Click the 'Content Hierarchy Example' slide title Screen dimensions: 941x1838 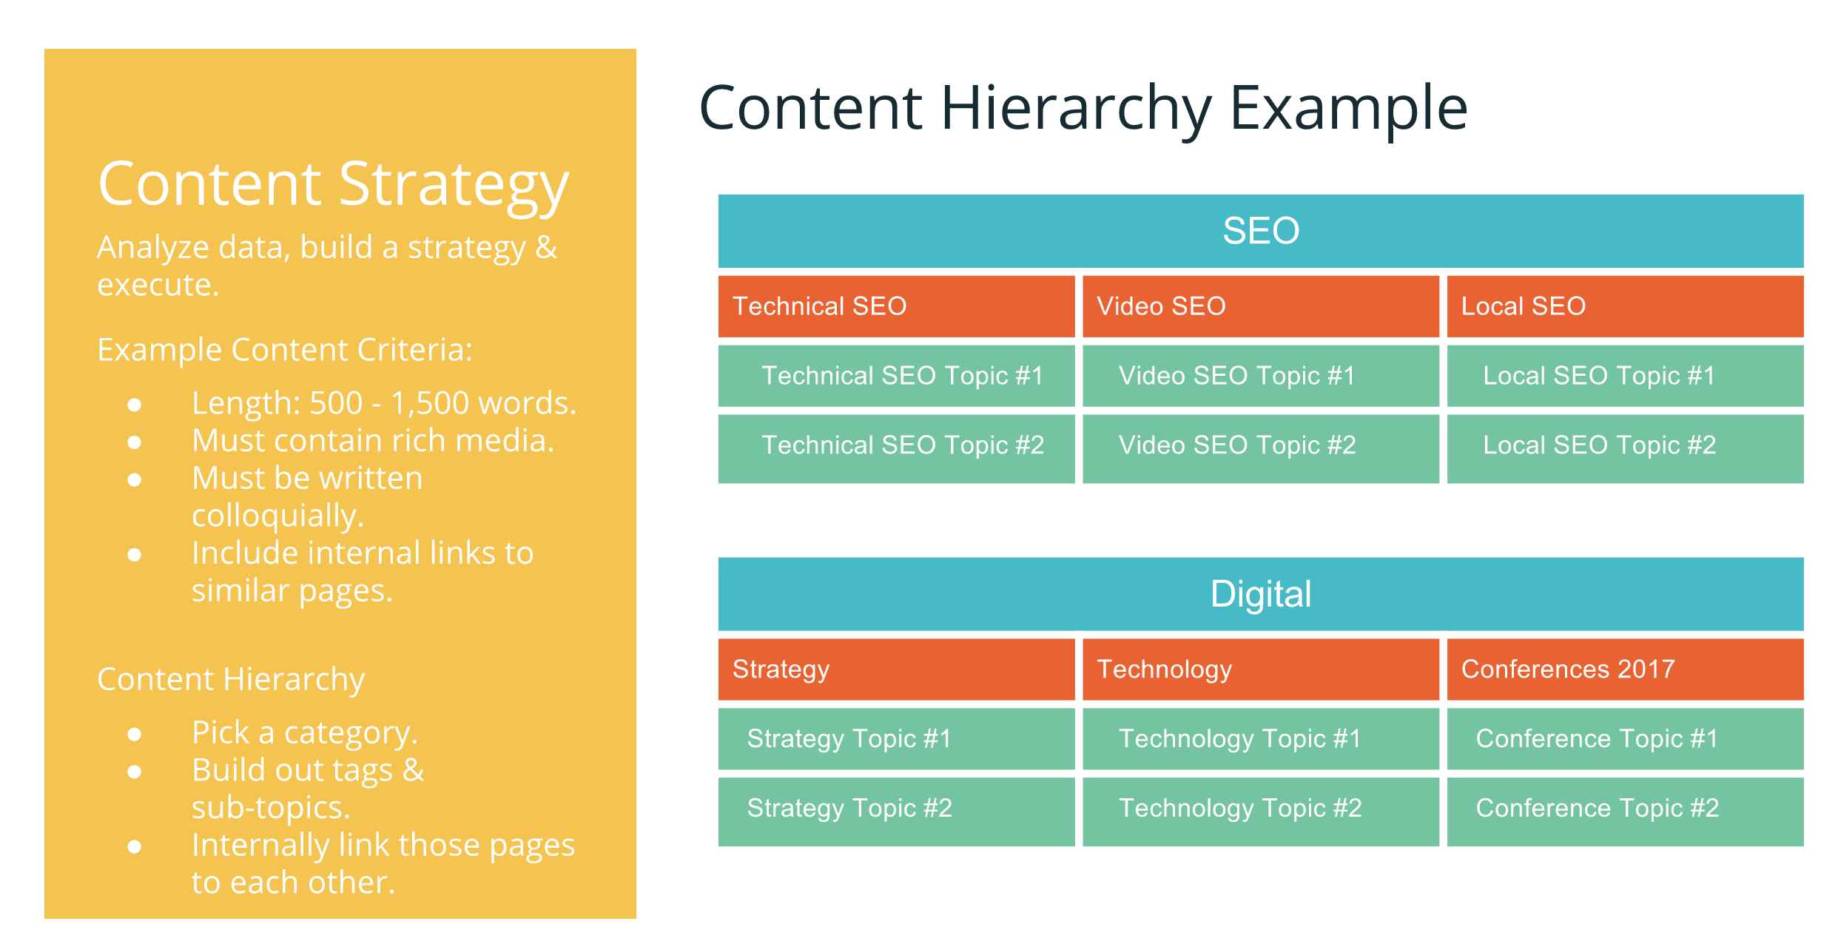click(x=1083, y=108)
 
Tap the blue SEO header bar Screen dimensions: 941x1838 click(x=1260, y=231)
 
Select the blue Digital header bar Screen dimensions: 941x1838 click(x=1260, y=594)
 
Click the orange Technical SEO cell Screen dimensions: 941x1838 click(x=896, y=306)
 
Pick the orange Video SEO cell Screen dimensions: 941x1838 click(x=1260, y=306)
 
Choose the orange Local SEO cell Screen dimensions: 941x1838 click(x=1625, y=306)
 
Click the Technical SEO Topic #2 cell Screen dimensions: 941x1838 click(x=896, y=445)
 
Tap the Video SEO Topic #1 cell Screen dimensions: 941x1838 click(x=1260, y=376)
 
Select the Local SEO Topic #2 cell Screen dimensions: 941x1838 click(x=1625, y=445)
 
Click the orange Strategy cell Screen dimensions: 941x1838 click(x=896, y=670)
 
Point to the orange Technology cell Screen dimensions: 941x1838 click(x=1260, y=670)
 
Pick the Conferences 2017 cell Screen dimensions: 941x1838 click(x=1625, y=670)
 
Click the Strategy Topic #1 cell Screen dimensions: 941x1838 click(x=896, y=739)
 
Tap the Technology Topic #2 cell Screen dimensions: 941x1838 click(x=1260, y=809)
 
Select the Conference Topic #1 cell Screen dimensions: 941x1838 click(x=1625, y=739)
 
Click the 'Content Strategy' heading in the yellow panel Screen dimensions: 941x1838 click(x=333, y=185)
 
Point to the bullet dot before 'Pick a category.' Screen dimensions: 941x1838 click(x=135, y=735)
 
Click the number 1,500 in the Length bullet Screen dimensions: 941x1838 click(x=429, y=404)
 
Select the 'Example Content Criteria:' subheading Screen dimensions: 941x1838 click(x=285, y=350)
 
